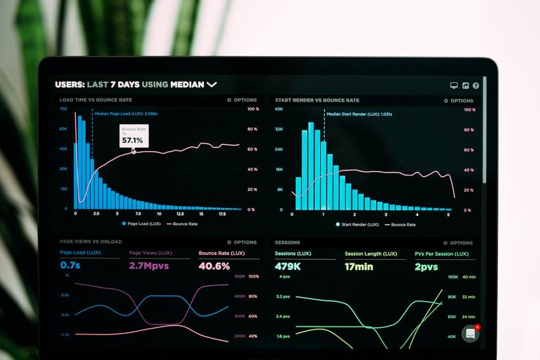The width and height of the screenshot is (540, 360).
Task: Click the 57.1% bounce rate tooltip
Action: coord(133,136)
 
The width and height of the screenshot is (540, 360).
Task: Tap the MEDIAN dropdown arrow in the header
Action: coord(212,84)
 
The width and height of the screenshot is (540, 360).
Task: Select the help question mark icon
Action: coord(475,85)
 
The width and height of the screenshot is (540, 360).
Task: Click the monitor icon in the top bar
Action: coord(454,85)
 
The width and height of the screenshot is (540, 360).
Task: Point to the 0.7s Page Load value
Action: coord(70,266)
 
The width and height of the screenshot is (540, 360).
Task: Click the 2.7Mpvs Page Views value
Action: coord(149,266)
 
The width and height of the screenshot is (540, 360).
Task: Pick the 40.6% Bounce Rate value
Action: coord(214,266)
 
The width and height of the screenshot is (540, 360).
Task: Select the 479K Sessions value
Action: coord(287,266)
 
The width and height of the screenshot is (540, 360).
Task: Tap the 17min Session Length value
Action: coord(359,266)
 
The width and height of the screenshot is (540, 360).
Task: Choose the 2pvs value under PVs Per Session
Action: coord(426,266)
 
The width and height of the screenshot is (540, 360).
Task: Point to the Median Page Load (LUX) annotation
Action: coord(126,113)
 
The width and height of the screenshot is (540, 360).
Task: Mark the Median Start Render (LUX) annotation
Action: coord(359,114)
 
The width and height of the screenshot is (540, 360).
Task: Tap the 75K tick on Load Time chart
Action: coord(63,109)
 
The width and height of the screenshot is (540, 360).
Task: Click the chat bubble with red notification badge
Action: coord(470,334)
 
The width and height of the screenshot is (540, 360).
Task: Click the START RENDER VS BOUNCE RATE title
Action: coord(317,100)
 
